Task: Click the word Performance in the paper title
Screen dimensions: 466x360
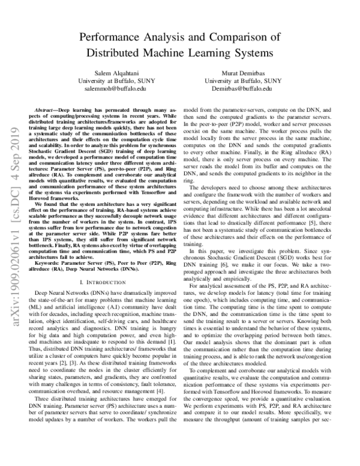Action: (115, 37)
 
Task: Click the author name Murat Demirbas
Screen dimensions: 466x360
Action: (242, 72)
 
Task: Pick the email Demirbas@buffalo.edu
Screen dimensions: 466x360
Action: (242, 88)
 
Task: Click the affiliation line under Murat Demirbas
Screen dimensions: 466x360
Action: (242, 80)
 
